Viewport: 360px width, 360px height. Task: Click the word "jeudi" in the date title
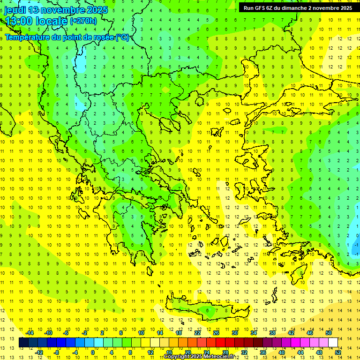[15, 10]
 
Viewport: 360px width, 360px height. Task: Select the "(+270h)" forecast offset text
[83, 21]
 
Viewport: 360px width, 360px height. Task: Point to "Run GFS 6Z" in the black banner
[258, 8]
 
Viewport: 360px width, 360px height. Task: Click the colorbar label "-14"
[30, 333]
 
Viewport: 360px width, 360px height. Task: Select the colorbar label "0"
[92, 352]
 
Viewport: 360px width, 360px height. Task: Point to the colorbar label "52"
[338, 352]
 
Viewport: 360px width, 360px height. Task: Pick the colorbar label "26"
[216, 333]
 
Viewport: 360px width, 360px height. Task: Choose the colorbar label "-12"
[39, 352]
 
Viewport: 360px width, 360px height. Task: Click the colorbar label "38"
[272, 333]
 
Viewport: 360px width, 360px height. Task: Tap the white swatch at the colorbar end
[333, 343]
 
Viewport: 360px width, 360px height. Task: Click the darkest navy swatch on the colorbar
[24, 343]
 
